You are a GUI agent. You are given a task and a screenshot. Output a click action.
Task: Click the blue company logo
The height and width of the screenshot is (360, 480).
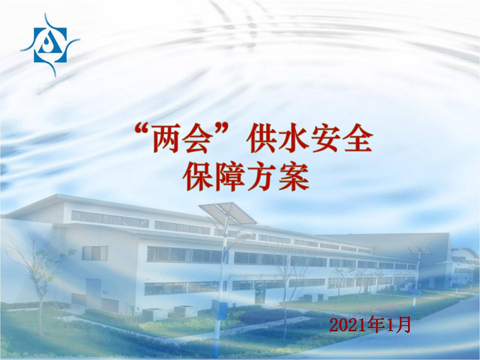tap(50, 45)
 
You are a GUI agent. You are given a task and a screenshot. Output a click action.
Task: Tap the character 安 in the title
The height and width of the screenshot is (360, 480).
tap(325, 138)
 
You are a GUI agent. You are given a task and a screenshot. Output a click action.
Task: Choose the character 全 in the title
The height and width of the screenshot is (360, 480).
tap(357, 138)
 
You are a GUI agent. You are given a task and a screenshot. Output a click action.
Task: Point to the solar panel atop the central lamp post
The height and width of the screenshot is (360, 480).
tap(227, 214)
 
